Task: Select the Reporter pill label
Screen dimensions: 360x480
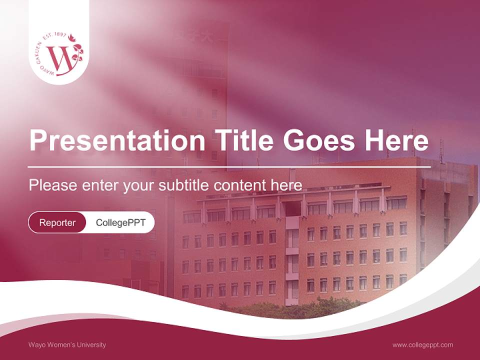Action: pyautogui.click(x=57, y=222)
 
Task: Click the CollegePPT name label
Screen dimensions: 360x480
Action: pyautogui.click(x=120, y=222)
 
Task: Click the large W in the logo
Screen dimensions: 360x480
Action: pyautogui.click(x=59, y=58)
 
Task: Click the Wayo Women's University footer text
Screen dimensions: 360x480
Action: pyautogui.click(x=67, y=344)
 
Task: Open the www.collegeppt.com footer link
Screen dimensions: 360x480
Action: pyautogui.click(x=422, y=344)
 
